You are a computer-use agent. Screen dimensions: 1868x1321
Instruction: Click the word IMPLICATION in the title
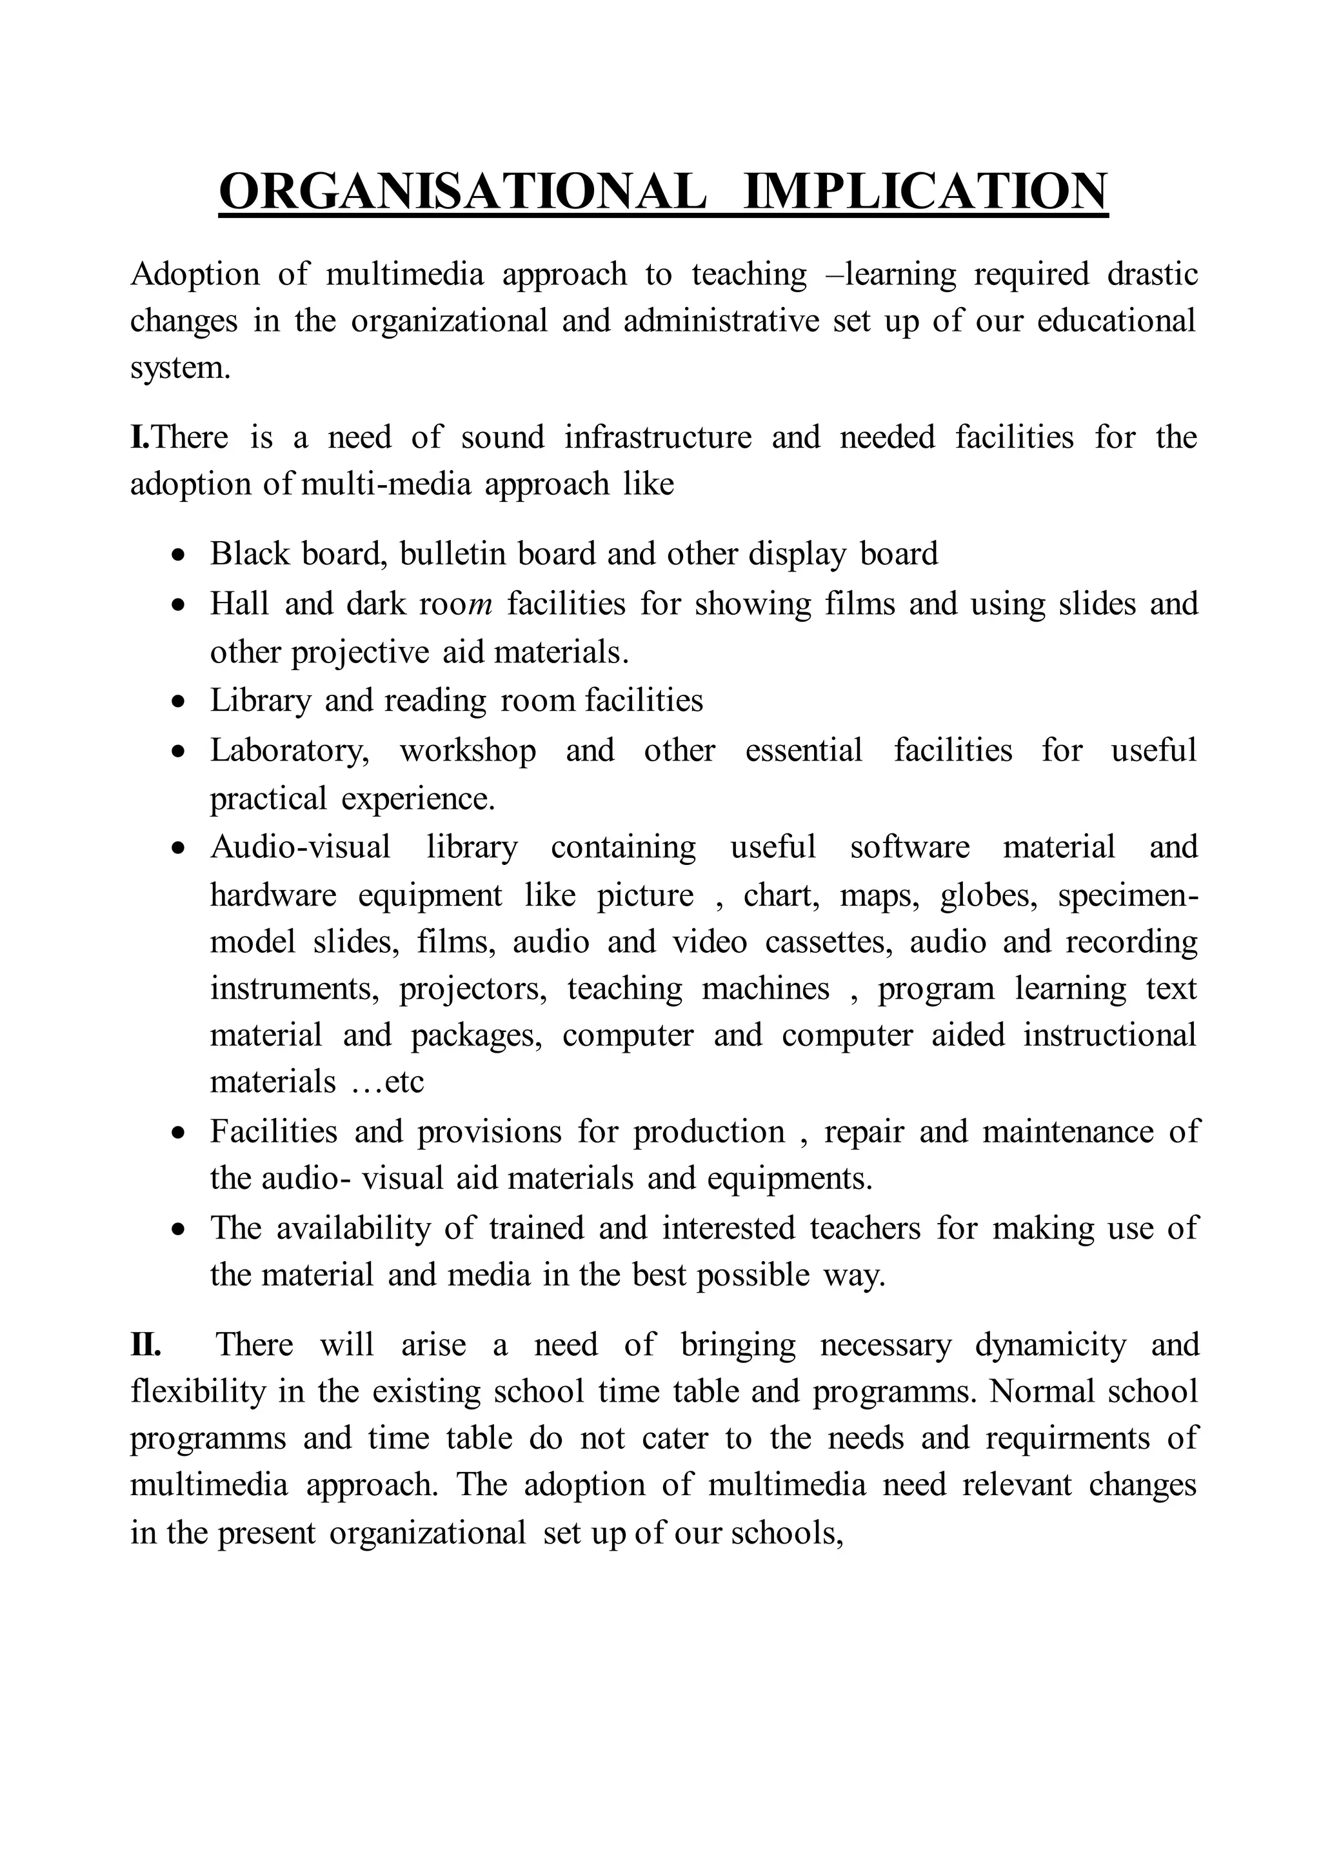point(926,192)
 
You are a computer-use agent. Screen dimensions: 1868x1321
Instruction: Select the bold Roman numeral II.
point(146,1345)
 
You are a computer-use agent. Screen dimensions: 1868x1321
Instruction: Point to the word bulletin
point(452,554)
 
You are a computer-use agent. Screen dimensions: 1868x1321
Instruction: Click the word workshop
point(468,751)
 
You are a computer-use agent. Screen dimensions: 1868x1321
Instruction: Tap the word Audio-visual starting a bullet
point(300,847)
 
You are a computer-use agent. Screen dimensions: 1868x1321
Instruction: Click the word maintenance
point(1068,1132)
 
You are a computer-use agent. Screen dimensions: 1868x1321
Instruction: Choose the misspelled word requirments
point(1068,1438)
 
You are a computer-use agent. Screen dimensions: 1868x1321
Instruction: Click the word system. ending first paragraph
point(181,368)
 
